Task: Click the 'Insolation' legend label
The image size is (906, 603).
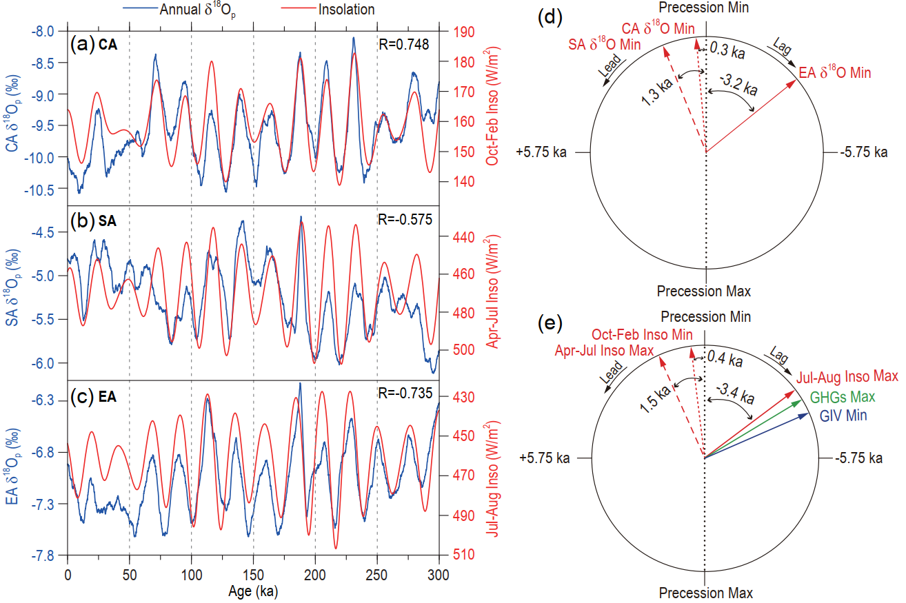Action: tap(347, 9)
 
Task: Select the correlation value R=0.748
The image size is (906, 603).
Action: tap(404, 45)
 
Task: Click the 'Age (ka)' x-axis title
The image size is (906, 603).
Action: tap(253, 591)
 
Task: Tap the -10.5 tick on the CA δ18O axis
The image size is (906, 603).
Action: tap(44, 190)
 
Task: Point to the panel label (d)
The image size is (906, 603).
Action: tap(550, 19)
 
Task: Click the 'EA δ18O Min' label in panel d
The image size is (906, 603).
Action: tap(834, 72)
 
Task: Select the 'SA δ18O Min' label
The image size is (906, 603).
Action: tap(604, 44)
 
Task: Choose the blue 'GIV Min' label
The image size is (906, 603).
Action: tap(843, 416)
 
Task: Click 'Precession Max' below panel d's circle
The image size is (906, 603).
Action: tap(704, 291)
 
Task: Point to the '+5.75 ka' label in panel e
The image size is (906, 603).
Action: tap(545, 458)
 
